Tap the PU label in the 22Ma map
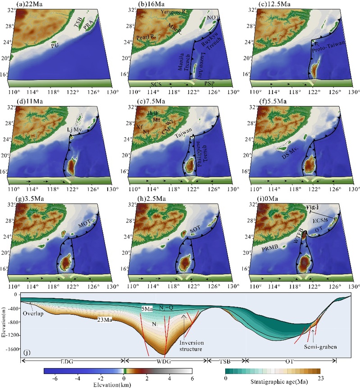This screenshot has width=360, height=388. point(55,45)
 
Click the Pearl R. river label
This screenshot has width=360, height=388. point(145,39)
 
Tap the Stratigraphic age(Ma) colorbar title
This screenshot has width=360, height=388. point(270,384)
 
